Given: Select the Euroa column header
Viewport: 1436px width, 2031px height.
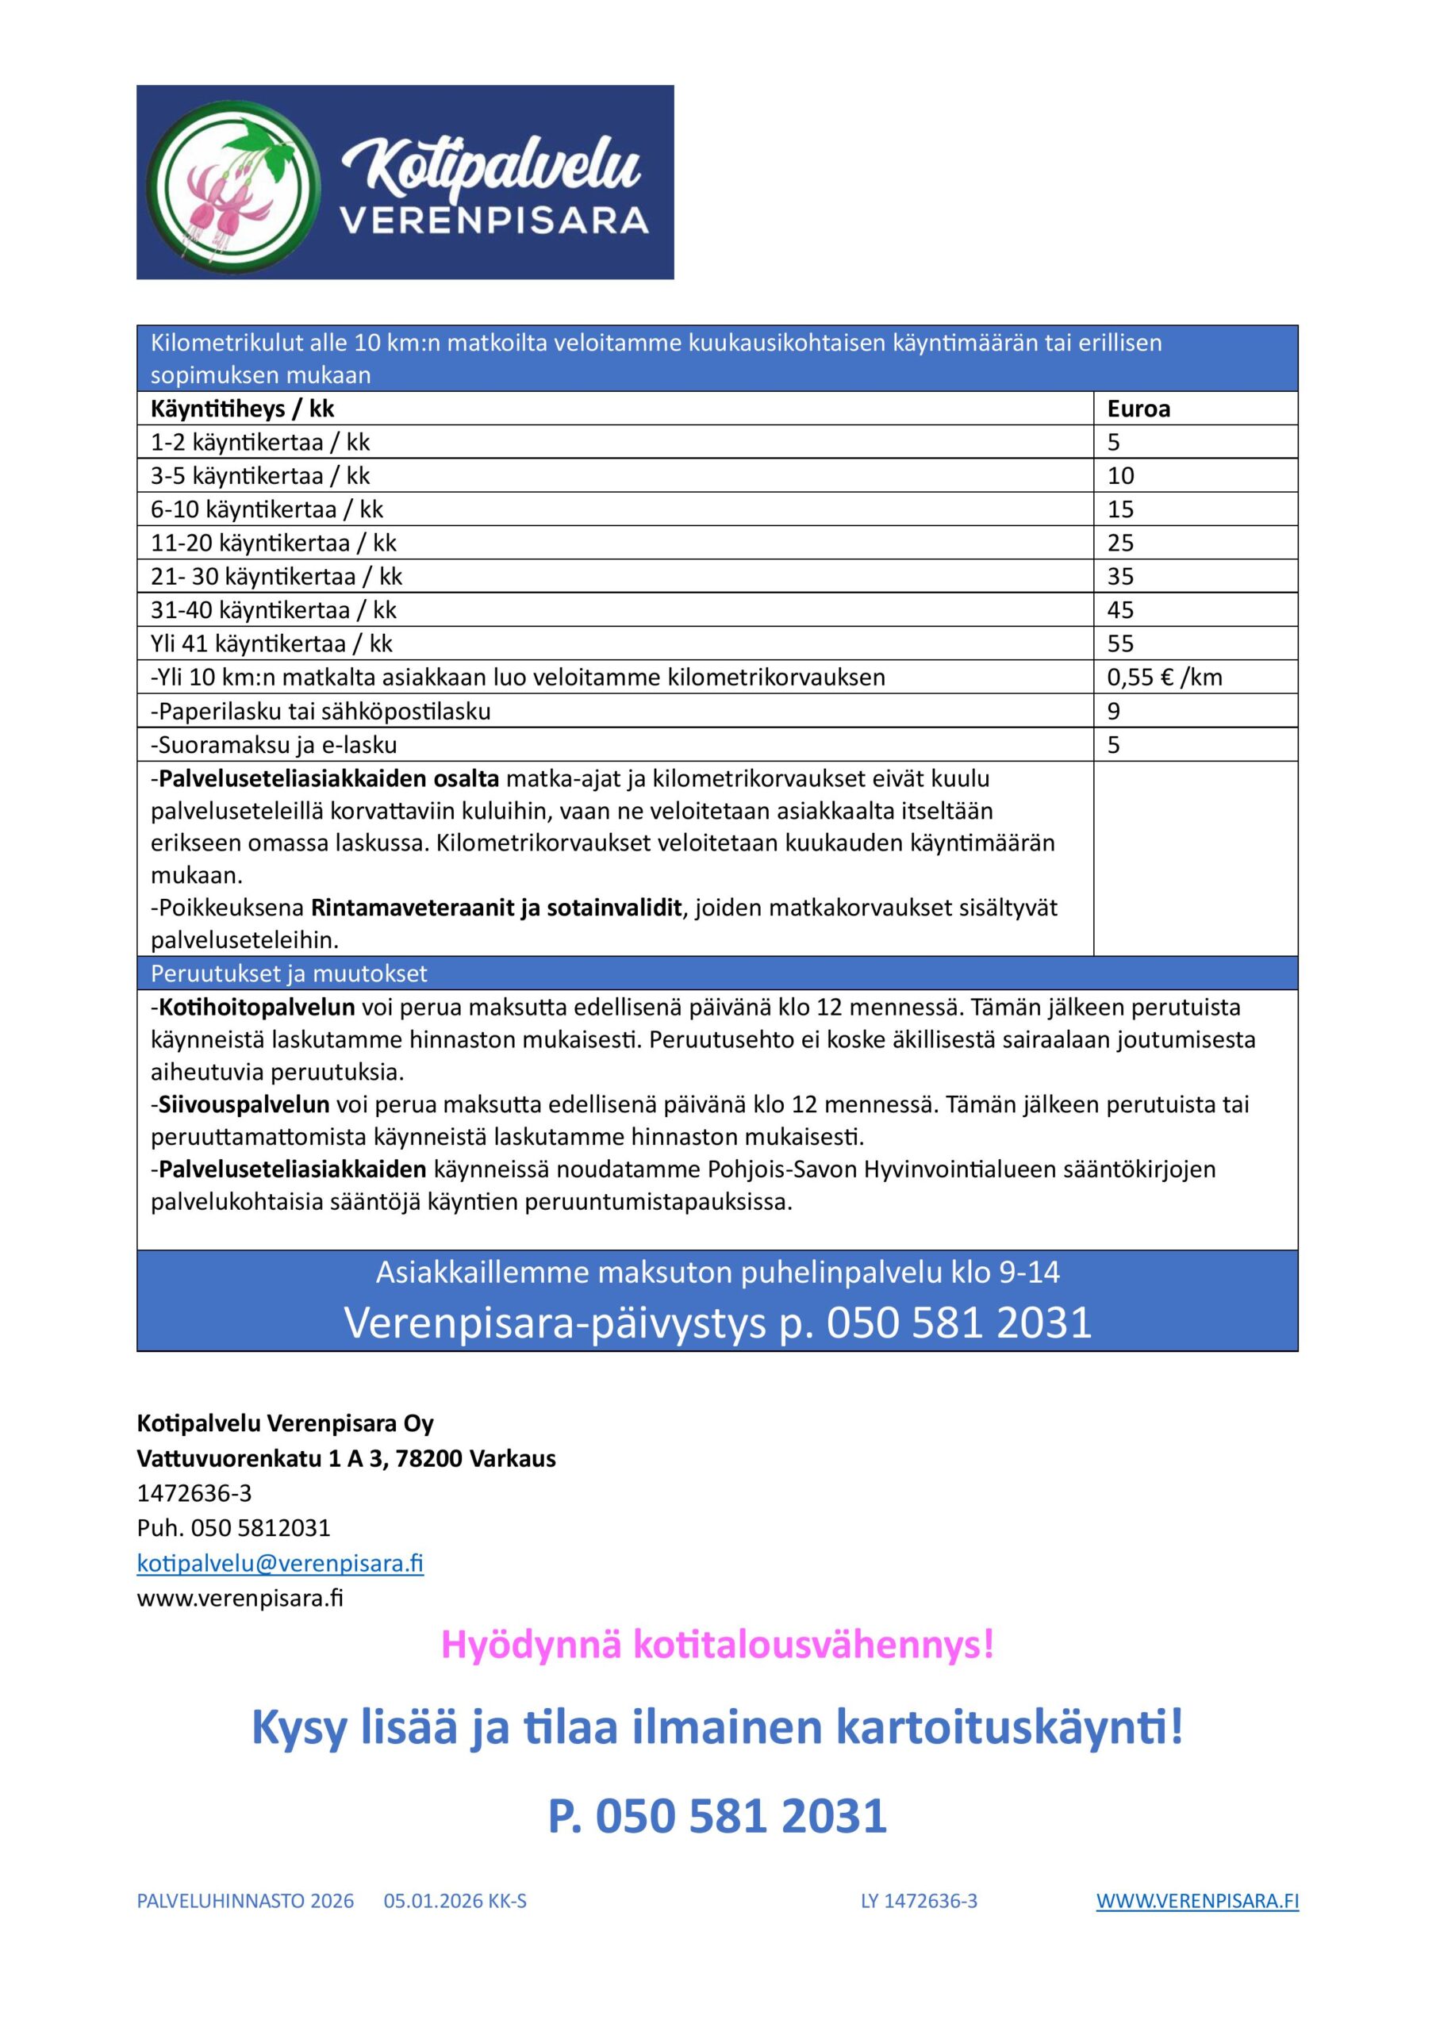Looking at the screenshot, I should pos(1138,409).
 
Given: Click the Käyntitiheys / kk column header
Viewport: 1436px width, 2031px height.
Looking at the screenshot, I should pos(243,409).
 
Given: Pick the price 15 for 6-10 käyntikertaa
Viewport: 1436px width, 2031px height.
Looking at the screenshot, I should pos(1120,509).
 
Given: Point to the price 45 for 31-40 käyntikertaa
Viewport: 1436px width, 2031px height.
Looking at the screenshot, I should pos(1120,610).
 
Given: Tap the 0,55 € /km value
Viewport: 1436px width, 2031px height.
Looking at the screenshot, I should pos(1165,678).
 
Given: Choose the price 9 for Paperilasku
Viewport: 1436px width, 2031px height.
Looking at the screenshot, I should pos(1114,711).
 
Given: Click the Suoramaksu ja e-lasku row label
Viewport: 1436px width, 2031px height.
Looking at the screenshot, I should pos(274,745).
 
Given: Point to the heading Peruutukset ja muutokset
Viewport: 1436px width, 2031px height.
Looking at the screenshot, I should pos(289,973).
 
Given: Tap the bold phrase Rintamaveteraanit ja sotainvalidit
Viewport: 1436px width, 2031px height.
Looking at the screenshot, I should pos(497,908).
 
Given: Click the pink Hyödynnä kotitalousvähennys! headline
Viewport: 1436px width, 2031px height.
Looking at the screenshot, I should pos(717,1645).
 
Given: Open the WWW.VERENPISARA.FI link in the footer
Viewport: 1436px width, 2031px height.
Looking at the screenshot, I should pos(1197,1901).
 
